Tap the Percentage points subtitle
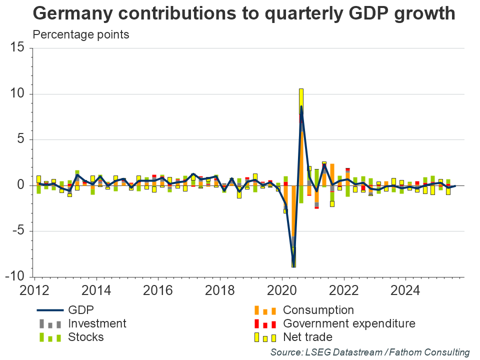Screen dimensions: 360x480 73,35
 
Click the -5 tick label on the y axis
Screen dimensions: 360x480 19,231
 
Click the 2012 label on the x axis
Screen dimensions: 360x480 34,290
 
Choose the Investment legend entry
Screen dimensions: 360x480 97,323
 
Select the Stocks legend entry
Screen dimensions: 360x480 85,337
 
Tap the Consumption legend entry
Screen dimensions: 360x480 318,310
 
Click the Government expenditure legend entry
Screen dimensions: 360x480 349,323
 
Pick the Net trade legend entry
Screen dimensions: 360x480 307,337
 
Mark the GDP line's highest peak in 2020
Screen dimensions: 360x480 301,106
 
